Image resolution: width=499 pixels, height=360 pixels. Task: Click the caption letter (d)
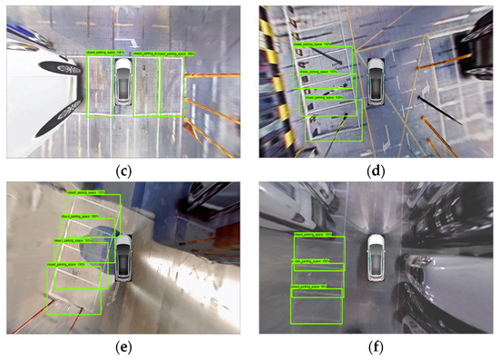pos(374,167)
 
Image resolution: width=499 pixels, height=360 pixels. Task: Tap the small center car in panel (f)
pos(375,257)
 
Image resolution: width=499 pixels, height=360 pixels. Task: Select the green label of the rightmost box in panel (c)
pos(170,54)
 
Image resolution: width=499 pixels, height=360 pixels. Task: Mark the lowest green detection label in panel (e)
pos(69,266)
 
